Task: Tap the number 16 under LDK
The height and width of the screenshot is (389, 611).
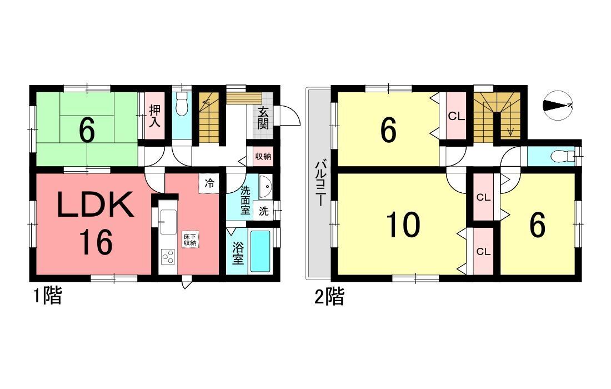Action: point(96,242)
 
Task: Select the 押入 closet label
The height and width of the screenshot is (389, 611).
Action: point(155,116)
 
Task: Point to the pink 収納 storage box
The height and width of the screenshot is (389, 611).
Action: point(263,156)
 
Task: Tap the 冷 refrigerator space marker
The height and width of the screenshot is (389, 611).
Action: point(209,183)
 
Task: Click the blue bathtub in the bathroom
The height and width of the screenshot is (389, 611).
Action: point(260,251)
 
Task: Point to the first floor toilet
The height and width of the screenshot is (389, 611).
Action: point(182,104)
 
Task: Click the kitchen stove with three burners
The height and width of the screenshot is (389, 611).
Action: point(168,257)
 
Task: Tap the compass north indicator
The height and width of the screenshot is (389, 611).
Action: point(557,105)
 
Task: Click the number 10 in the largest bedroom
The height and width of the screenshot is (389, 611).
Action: point(404,225)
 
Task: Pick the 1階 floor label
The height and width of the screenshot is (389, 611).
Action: point(47,296)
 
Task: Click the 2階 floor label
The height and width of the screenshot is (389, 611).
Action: point(329,296)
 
